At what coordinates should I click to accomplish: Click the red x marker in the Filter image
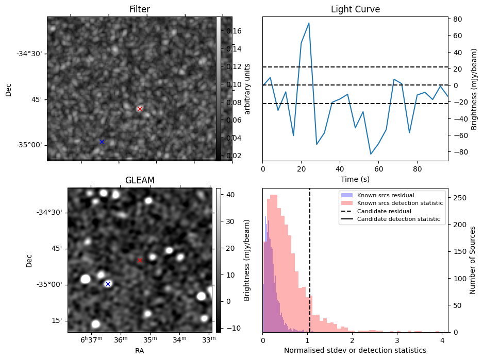point(140,109)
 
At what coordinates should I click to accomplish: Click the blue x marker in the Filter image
point(102,142)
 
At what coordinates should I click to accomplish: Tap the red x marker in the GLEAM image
point(140,260)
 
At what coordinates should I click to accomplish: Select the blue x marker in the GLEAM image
point(108,284)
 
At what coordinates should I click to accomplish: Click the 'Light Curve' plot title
point(355,10)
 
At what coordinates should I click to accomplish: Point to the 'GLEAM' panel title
point(140,180)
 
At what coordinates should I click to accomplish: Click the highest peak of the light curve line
point(309,23)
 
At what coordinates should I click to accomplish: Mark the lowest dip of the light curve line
point(371,154)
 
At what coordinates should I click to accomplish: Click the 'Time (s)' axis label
point(355,179)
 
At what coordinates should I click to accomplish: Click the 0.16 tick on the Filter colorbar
point(234,31)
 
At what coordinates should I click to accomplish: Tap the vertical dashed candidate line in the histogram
point(310,258)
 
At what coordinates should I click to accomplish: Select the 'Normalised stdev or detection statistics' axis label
point(355,350)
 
